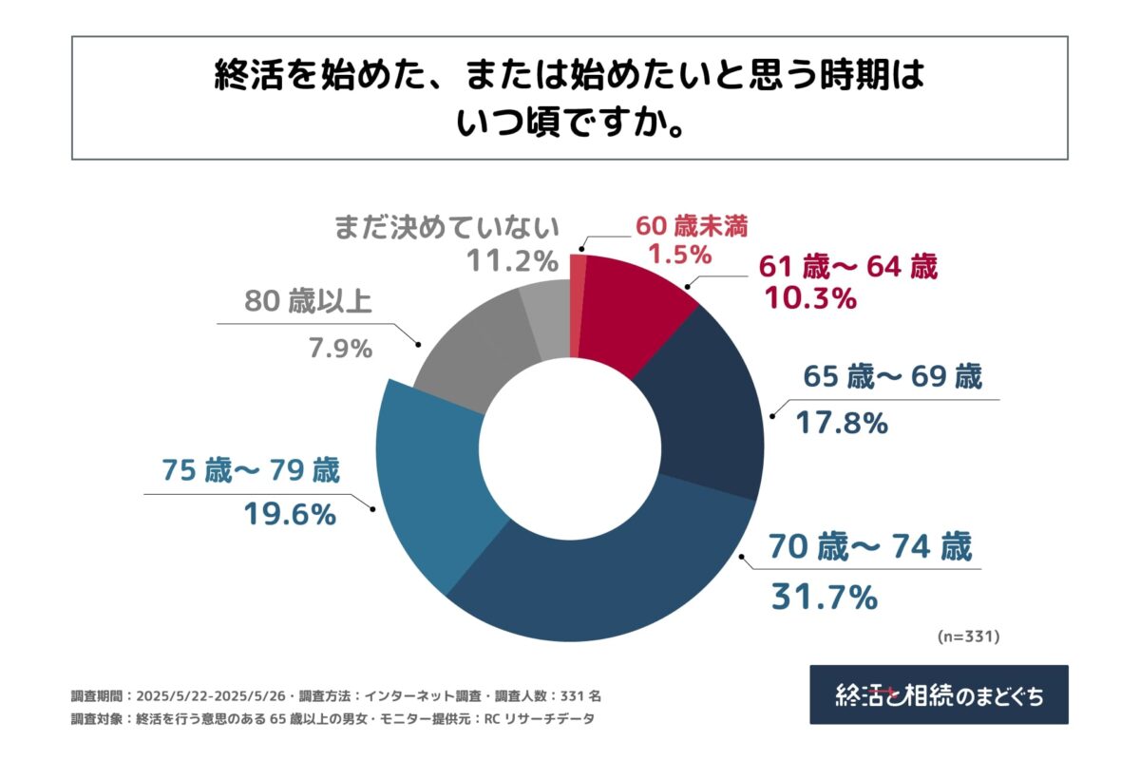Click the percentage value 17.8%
point(831,423)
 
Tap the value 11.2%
point(511,260)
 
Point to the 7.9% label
point(339,349)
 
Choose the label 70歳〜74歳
point(869,548)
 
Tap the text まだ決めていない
point(446,228)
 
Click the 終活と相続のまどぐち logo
point(939,695)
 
